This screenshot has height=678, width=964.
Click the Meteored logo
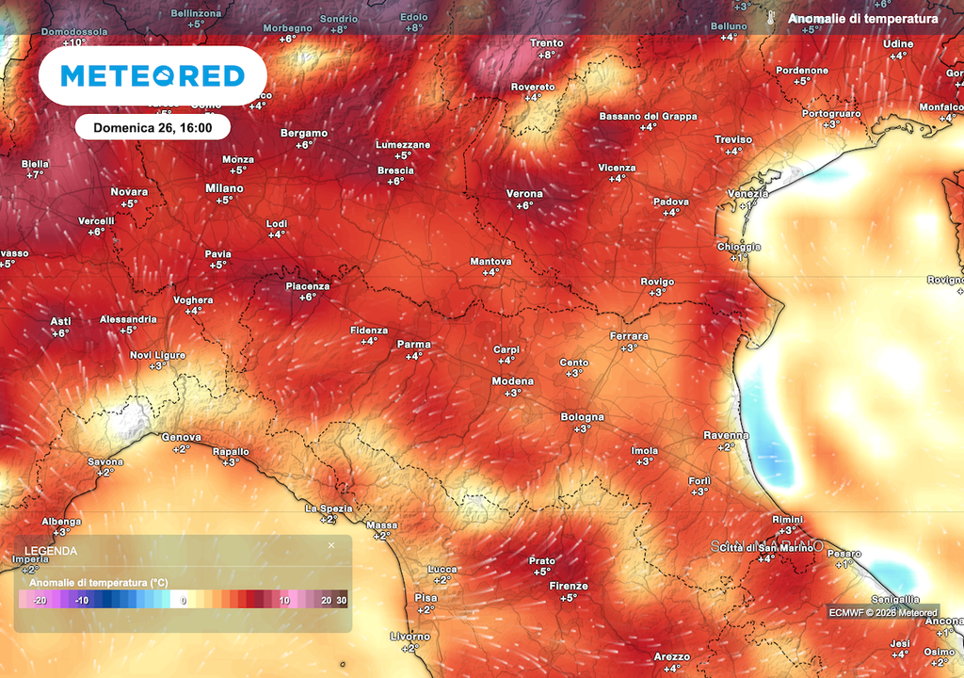point(153,76)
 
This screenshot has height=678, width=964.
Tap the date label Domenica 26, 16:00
point(152,127)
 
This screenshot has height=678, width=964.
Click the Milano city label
point(224,188)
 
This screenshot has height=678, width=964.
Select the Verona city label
point(524,194)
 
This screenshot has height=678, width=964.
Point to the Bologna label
point(582,417)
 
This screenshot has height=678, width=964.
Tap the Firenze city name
point(569,586)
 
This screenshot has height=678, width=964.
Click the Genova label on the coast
point(182,438)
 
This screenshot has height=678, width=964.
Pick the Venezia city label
point(747,194)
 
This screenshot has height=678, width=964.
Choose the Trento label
point(546,43)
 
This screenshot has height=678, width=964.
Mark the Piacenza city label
point(308,286)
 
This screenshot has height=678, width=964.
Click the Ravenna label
point(726,435)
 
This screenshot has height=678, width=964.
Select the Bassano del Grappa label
point(648,117)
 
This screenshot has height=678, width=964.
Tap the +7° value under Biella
point(35,175)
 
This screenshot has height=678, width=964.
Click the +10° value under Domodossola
point(73,42)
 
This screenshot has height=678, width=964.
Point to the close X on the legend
point(331,545)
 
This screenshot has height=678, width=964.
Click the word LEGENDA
point(51,551)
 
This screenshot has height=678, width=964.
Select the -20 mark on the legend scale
point(40,600)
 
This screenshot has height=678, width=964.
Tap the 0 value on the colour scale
point(184,600)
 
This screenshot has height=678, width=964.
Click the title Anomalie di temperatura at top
point(862,19)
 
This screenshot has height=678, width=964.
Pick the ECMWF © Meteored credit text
point(882,613)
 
